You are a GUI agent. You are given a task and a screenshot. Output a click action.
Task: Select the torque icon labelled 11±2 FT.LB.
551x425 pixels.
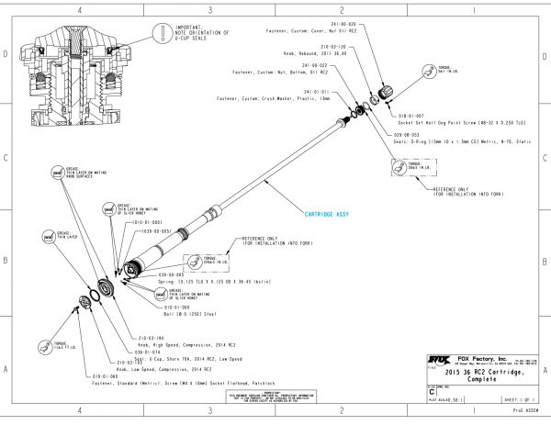(x=43, y=346)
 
